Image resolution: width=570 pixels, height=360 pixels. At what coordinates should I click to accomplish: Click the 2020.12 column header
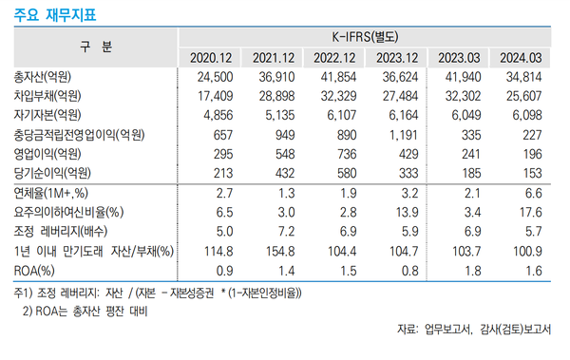tap(212, 57)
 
